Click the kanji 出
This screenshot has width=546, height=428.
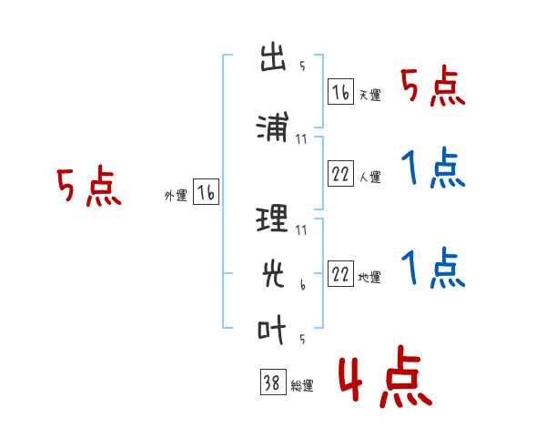point(273,57)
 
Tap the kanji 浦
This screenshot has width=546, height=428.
point(273,127)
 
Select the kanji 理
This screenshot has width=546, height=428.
point(272,219)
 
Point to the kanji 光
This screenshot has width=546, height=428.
point(273,274)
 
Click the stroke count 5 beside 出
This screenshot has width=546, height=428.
point(302,66)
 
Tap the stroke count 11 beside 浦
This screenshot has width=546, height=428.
point(301,139)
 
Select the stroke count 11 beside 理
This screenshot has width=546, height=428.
point(301,230)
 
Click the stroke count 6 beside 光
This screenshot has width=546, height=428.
point(303,285)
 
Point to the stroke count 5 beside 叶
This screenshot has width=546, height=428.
point(302,339)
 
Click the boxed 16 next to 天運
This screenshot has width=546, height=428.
point(340,92)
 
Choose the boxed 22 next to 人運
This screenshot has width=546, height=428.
point(340,173)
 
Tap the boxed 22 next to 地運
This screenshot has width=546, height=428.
point(340,273)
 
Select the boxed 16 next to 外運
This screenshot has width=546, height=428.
point(206,192)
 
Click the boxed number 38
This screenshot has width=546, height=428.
point(273,382)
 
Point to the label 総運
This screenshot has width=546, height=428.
point(302,386)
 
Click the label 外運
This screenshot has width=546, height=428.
point(176,196)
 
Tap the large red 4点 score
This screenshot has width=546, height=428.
point(385,376)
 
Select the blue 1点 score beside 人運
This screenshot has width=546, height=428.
point(433,168)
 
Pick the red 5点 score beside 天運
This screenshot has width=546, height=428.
point(433,86)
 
